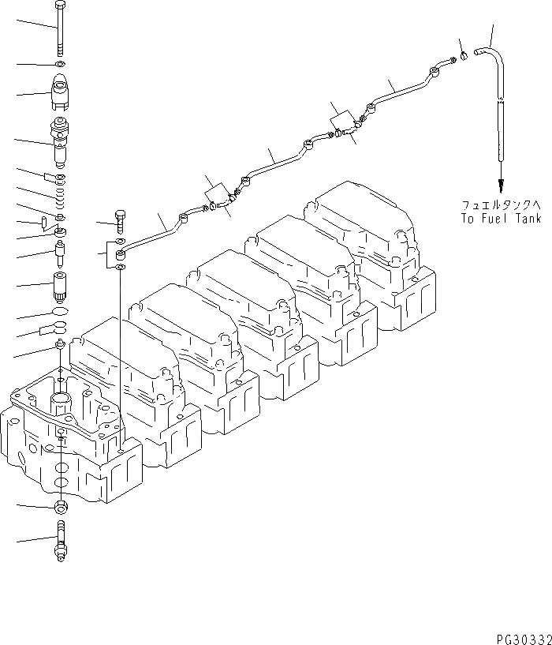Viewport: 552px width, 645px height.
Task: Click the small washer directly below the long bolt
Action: click(61, 64)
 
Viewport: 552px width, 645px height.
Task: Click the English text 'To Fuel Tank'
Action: click(502, 219)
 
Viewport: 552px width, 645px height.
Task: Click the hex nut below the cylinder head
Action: click(61, 505)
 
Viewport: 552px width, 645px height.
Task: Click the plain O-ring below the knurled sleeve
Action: click(61, 311)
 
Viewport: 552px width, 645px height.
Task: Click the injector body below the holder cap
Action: click(61, 140)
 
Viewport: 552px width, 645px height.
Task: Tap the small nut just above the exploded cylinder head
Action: click(60, 347)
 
